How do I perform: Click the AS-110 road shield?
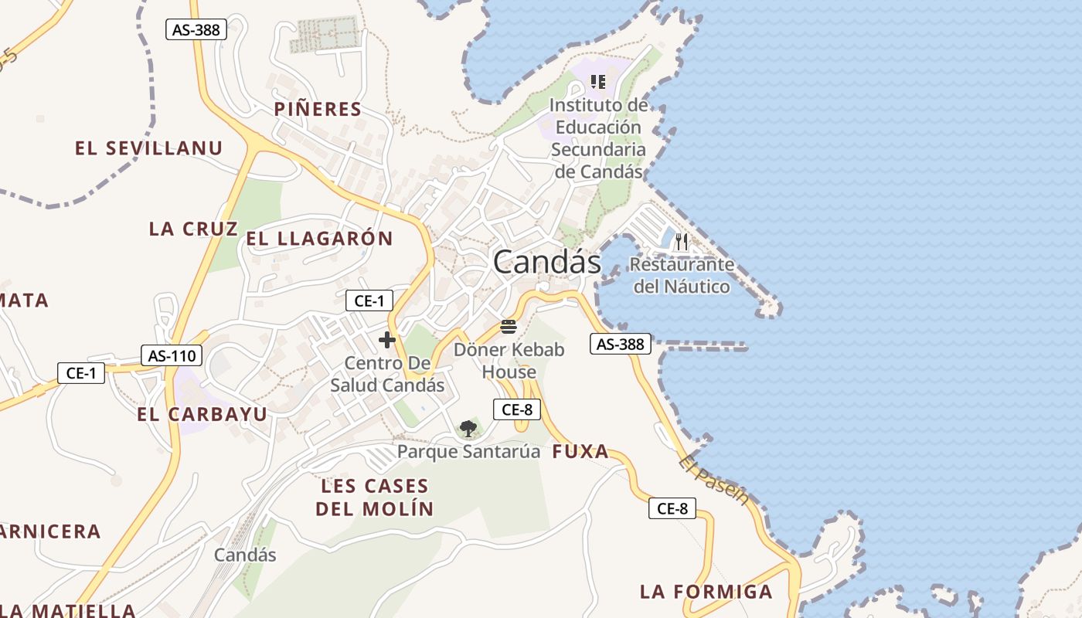tap(172, 355)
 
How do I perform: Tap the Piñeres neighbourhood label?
tap(318, 110)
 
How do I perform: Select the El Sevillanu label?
tap(148, 148)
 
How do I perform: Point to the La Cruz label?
tap(193, 229)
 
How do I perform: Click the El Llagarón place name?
tap(319, 239)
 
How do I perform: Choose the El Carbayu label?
tap(202, 414)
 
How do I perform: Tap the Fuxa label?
tap(580, 453)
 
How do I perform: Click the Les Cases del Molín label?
tap(375, 497)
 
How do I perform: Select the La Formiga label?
tap(706, 592)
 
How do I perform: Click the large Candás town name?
tap(546, 262)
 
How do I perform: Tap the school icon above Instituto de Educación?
tap(597, 81)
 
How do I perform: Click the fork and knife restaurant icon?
tap(681, 242)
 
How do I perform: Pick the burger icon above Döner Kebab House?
tap(508, 327)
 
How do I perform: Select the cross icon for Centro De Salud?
tap(386, 340)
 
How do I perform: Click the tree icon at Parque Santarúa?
tap(468, 429)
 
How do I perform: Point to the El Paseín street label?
tap(714, 480)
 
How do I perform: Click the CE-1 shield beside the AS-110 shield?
tap(81, 373)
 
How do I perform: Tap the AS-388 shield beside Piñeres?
tap(196, 30)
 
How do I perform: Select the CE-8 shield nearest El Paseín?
tap(672, 508)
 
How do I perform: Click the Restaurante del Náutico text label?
tap(681, 276)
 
